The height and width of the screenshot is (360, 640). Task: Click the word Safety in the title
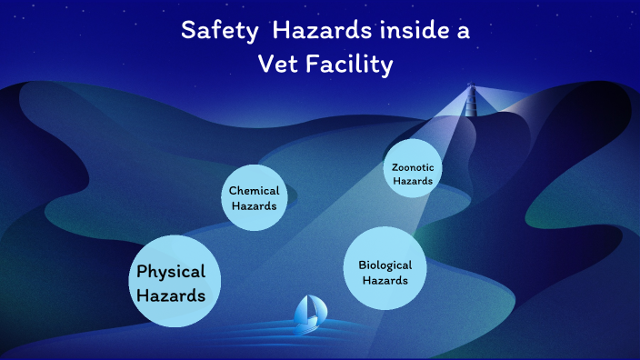coord(211,31)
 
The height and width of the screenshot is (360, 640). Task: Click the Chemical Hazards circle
coord(254,198)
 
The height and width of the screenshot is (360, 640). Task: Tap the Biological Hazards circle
coord(385,270)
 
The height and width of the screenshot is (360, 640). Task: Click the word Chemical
coord(254,191)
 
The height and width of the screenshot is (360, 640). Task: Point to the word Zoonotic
coord(413,167)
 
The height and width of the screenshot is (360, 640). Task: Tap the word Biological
coord(385,265)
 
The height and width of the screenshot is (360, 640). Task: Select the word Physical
coord(171,271)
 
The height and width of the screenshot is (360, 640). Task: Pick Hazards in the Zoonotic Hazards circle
coord(413,181)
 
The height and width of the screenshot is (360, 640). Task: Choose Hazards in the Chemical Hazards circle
coord(254,205)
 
